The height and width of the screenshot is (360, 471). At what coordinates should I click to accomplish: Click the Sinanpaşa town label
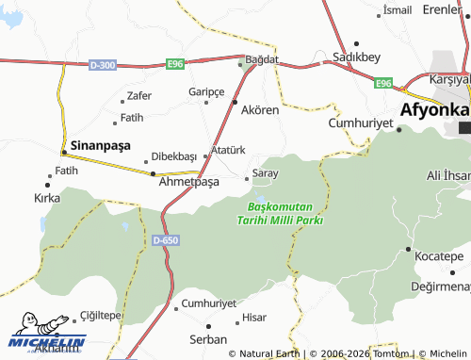105,147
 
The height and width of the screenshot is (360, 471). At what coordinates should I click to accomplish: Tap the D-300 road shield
103,64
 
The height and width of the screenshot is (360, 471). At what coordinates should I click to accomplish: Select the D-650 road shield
165,241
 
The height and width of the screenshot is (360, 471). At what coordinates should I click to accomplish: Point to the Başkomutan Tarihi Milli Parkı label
285,213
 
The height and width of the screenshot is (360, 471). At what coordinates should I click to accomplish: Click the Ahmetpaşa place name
188,182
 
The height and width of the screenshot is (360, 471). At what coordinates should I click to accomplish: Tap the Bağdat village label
263,58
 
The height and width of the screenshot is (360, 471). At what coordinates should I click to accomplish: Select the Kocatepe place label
439,256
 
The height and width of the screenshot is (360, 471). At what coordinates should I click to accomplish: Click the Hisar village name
254,319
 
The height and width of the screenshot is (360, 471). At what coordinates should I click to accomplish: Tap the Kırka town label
47,199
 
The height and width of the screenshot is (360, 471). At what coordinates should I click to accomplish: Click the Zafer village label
138,95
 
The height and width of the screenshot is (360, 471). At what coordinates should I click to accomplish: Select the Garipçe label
206,91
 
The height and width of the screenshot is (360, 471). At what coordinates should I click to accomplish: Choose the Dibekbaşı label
173,155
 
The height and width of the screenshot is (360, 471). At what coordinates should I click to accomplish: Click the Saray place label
267,174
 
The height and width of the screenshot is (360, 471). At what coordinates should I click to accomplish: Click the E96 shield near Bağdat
174,64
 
